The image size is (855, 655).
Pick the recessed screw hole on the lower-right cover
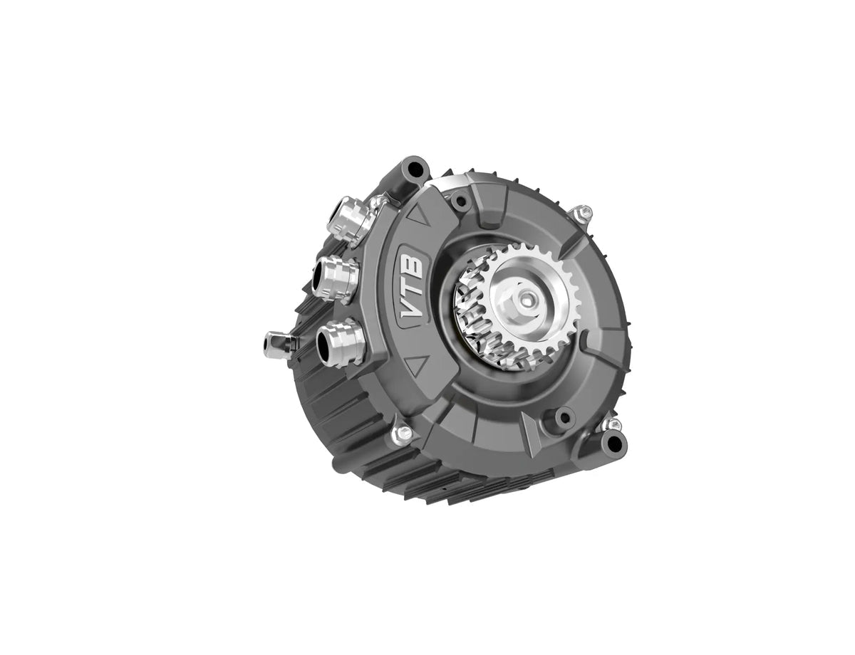pyautogui.click(x=564, y=416)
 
